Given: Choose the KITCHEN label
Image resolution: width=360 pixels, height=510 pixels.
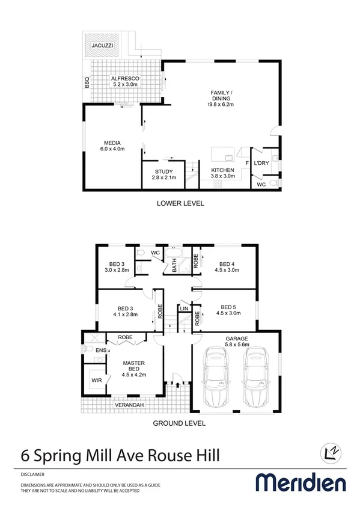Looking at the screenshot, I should point(222,173).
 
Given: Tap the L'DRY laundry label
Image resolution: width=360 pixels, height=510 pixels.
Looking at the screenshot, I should point(261,164).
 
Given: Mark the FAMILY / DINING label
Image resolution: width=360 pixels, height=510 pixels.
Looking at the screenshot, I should point(221,99).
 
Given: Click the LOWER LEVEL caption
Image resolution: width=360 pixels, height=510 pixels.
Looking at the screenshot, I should point(180,203).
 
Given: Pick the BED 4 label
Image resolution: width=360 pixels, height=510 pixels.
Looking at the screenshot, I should point(226,267).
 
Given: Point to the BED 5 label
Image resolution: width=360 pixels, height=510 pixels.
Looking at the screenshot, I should point(226,309).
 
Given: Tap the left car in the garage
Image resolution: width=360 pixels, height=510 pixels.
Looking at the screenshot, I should point(216,376).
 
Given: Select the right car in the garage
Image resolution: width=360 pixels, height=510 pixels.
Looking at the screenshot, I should point(255,376).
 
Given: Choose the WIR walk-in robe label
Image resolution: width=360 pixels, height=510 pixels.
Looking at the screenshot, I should point(97,381).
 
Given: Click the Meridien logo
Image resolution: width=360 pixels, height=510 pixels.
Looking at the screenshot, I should point(301,482).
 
